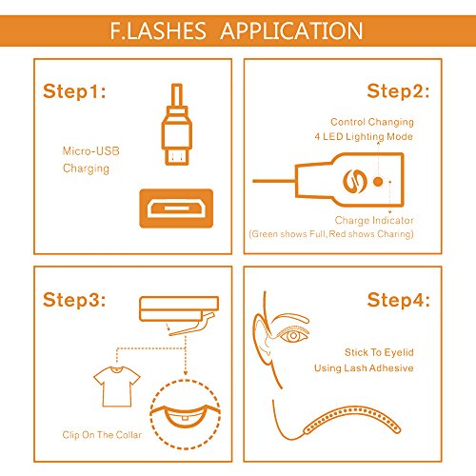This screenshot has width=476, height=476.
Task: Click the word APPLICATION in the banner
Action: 291,30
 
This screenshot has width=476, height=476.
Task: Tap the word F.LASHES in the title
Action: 158,30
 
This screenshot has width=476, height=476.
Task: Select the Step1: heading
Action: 74,91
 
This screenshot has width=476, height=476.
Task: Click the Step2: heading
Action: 398,91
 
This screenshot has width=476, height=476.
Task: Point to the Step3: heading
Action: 74,300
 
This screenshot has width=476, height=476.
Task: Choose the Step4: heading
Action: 399,300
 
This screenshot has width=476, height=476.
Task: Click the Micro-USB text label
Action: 91,150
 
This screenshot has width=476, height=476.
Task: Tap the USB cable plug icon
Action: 177,124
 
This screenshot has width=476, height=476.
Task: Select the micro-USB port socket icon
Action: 176,208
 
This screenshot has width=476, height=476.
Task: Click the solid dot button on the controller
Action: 378,182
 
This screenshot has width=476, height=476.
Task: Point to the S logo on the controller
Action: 355,182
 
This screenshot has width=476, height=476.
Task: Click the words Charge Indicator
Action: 374,220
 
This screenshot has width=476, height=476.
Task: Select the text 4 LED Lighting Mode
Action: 364,137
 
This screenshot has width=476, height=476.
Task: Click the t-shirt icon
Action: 117,387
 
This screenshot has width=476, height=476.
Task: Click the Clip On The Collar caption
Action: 102,435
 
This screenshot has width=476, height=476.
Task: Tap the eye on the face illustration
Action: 293,335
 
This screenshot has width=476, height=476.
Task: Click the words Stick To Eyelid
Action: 379,352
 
